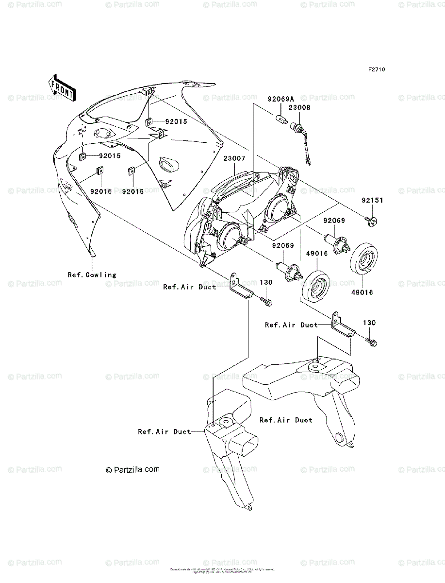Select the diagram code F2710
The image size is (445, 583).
[x=376, y=69]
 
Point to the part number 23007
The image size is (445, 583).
[x=234, y=158]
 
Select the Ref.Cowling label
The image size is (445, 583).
[x=92, y=274]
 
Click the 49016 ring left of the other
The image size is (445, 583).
[x=314, y=288]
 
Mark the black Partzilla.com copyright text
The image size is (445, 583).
[x=132, y=470]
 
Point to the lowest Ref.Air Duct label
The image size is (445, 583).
[x=165, y=431]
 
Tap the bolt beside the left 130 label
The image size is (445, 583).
[x=265, y=302]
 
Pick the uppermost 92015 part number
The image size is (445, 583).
[x=176, y=121]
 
